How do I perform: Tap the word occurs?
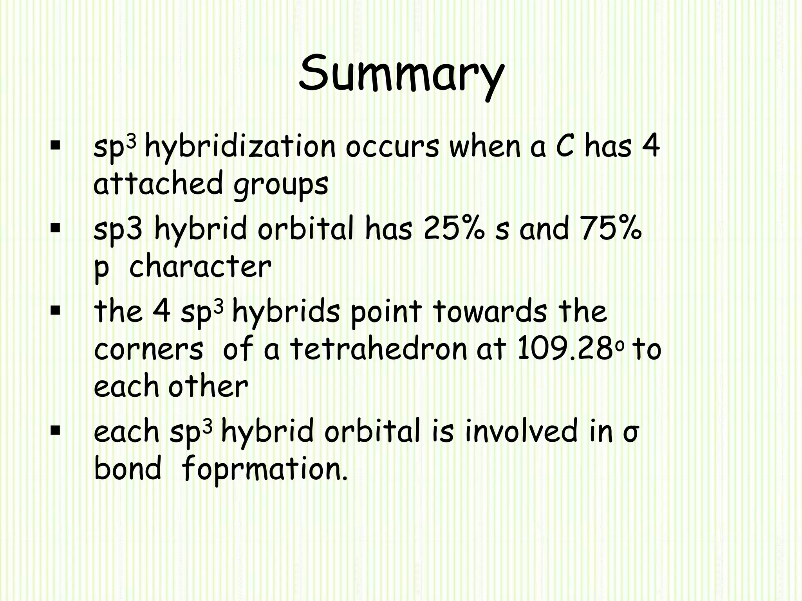392,148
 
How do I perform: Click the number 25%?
454,229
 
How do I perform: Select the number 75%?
611,229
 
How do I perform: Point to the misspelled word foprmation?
264,469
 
